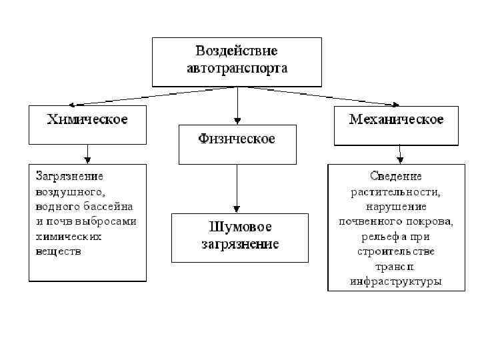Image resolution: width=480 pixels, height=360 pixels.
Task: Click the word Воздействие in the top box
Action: pos(237,51)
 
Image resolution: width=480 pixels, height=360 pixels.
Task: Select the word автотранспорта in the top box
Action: pos(237,68)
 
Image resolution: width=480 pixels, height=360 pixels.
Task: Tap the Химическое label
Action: pos(87,120)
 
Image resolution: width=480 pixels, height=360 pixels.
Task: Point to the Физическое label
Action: pos(237,139)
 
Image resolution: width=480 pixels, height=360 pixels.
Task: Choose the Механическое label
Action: pos(396,120)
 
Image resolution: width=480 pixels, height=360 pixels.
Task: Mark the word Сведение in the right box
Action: pos(396,177)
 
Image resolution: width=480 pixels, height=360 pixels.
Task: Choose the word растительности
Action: pos(396,191)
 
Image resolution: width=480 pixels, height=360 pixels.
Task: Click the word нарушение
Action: pos(396,207)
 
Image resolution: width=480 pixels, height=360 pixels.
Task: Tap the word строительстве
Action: pos(396,251)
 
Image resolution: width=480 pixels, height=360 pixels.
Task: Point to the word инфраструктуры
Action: pos(396,281)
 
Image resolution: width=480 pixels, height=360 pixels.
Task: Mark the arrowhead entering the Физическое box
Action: pos(237,121)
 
